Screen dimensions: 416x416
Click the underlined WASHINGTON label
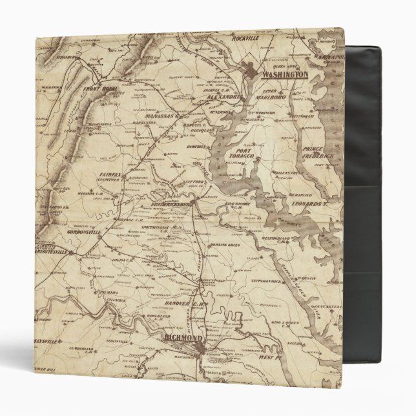[x=282, y=75]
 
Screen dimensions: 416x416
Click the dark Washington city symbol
[x=251, y=70]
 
